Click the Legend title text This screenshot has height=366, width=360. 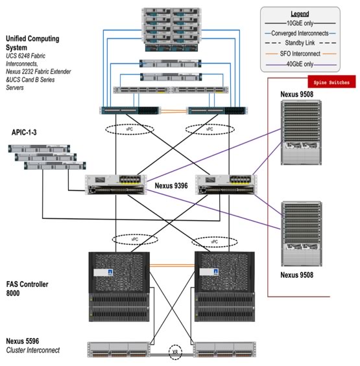coord(300,14)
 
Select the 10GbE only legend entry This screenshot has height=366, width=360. coord(300,23)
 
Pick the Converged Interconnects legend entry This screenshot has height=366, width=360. coord(300,34)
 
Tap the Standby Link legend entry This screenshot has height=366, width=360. coord(300,43)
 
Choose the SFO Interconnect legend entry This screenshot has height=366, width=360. coord(300,54)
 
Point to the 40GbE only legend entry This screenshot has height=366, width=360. coord(300,64)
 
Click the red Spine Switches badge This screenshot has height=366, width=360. coord(331,82)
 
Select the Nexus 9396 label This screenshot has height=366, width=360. coord(171,186)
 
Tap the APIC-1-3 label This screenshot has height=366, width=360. coord(24,132)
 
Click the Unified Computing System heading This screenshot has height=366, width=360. coord(32,43)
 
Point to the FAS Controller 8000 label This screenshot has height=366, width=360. coord(27,288)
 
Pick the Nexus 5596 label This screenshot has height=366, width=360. coord(23,341)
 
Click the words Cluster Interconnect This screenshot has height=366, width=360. coord(33,350)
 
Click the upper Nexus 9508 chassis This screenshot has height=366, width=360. coord(301,133)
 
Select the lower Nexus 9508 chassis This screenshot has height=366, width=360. coord(302,234)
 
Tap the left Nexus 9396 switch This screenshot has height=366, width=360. coord(116,185)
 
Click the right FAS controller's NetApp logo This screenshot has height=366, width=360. coord(216,271)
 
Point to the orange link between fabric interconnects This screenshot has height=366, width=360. coord(173,111)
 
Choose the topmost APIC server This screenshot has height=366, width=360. coord(39,149)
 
